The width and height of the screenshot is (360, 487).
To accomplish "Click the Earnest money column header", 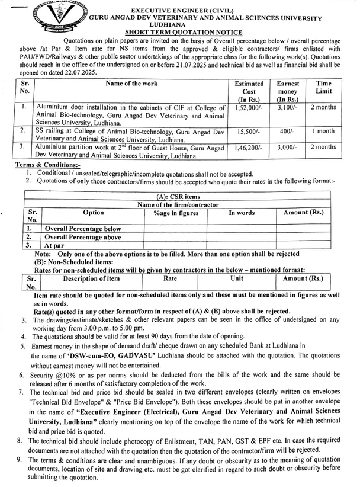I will pyautogui.click(x=287, y=91).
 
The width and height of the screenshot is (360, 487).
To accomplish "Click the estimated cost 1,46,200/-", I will pyautogui.click(x=245, y=146).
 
